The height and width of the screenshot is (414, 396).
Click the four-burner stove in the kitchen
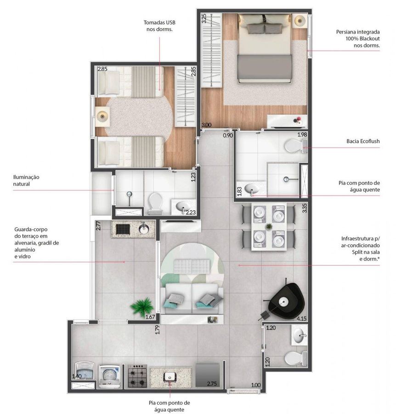pyautogui.click(x=138, y=376)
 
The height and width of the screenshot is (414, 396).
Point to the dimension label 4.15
pyautogui.click(x=302, y=318)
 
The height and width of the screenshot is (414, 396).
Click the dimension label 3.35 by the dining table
pyautogui.click(x=305, y=208)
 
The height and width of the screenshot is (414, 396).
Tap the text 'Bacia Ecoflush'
pyautogui.click(x=363, y=141)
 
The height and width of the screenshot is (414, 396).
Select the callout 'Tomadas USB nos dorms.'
pyautogui.click(x=159, y=26)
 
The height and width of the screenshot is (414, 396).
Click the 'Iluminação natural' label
pyautogui.click(x=26, y=181)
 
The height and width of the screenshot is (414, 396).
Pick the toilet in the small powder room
pyautogui.click(x=295, y=358)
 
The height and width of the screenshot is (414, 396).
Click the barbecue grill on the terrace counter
pyautogui.click(x=123, y=229)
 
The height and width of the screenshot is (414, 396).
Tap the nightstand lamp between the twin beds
pyautogui.click(x=102, y=115)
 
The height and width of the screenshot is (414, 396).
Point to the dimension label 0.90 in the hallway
pyautogui.click(x=228, y=135)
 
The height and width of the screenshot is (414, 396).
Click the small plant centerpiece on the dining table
pyautogui.click(x=269, y=226)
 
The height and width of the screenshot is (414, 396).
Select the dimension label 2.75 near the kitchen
pyautogui.click(x=212, y=384)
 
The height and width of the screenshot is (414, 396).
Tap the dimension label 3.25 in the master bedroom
pyautogui.click(x=204, y=18)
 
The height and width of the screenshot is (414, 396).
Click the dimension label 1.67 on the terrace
pyautogui.click(x=150, y=317)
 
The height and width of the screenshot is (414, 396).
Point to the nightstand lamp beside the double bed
pyautogui.click(x=300, y=20)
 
